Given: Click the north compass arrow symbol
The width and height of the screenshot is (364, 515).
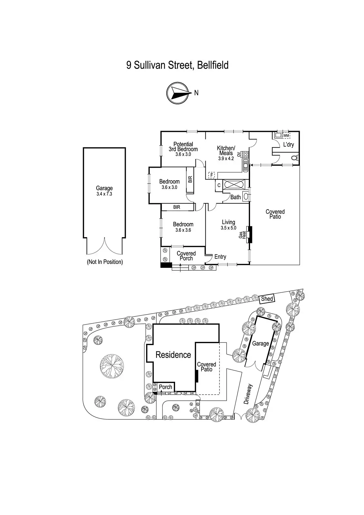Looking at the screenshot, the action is (177, 93).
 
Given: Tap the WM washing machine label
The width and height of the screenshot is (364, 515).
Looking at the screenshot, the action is (286, 136).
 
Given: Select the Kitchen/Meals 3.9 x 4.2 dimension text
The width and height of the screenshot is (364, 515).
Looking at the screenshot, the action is (226, 158).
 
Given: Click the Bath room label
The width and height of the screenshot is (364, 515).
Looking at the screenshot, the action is (235, 197).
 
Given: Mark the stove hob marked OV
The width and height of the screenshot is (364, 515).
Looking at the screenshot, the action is (245, 154).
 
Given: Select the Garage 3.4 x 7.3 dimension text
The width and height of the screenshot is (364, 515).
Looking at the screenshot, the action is (104, 194).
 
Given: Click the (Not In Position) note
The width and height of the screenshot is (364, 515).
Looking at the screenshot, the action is (105, 262).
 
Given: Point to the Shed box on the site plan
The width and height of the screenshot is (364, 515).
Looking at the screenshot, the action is (267, 299).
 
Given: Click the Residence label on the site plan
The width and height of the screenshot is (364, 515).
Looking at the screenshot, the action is (173, 355).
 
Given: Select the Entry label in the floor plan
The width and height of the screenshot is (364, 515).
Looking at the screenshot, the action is (220, 257).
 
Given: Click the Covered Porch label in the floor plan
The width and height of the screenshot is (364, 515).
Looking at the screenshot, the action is (186, 256).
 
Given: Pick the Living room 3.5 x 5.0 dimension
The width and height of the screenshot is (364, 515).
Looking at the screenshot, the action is (229, 228).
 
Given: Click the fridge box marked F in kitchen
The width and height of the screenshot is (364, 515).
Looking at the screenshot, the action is (211, 175).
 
